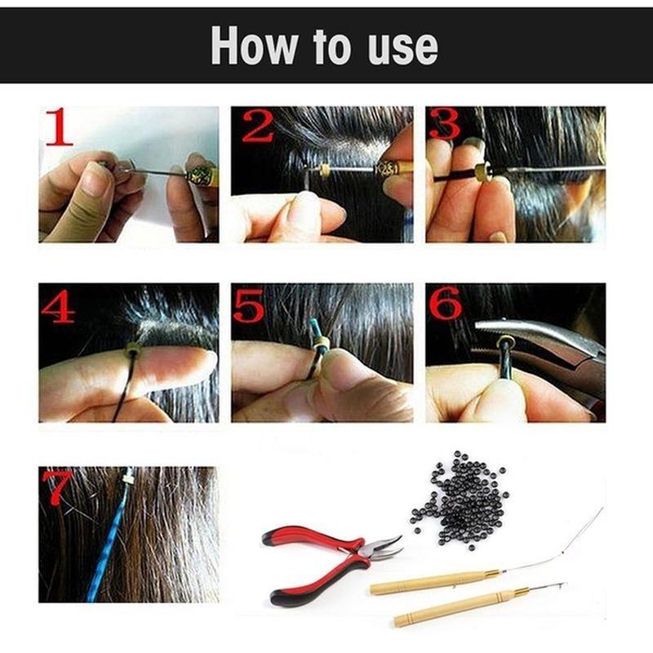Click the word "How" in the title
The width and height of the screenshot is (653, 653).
[252, 47]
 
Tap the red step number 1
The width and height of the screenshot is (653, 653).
[58, 127]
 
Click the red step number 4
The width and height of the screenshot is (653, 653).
[59, 307]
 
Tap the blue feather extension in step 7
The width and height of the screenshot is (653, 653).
[110, 539]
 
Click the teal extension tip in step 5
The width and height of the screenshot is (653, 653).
[315, 332]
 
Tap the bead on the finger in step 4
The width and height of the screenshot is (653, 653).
[131, 351]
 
